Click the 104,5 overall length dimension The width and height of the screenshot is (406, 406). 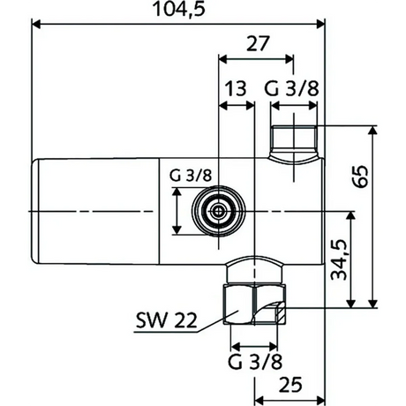(179, 9)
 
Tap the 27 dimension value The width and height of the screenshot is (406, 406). (258, 43)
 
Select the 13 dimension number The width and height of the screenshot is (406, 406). (236, 89)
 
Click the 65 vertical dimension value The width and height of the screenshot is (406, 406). (361, 177)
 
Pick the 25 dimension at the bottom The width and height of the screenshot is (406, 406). (290, 385)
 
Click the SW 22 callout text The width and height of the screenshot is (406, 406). (166, 320)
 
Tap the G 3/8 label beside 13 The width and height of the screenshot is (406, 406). (291, 89)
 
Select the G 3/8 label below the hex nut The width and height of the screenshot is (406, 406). (255, 362)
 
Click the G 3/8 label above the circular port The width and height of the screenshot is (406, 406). (191, 176)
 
